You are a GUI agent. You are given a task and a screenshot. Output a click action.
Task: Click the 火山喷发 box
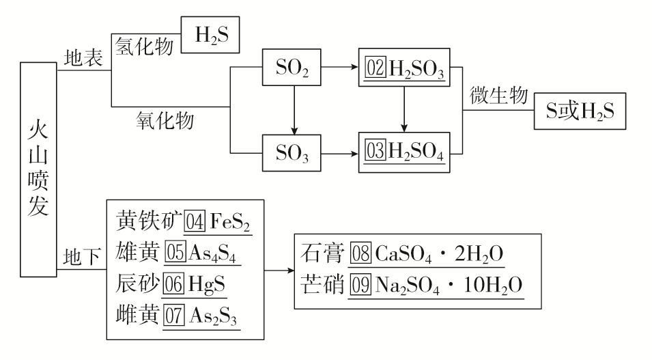coord(38,169)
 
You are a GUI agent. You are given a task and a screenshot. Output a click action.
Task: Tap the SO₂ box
coord(293,69)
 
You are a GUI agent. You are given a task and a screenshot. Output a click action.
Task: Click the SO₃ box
coord(293,154)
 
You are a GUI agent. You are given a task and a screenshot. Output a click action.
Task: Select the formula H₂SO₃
coord(416,70)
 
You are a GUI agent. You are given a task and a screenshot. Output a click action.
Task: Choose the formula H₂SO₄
coord(416,154)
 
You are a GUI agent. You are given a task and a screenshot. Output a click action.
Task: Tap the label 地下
coord(82,256)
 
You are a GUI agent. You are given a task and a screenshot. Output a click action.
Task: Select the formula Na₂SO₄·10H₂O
coord(448,286)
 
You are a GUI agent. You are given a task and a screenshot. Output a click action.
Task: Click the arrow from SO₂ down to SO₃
coord(293,111)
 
